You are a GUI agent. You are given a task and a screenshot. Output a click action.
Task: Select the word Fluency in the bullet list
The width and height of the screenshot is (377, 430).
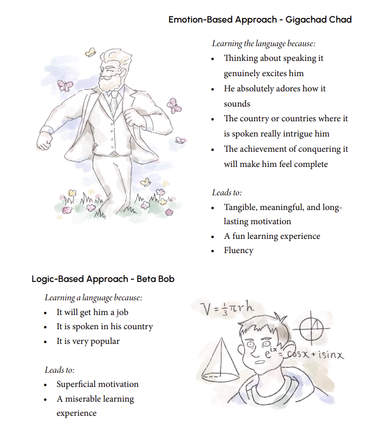click(238, 250)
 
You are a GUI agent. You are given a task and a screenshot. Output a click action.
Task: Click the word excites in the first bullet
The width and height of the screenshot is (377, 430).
click(277, 74)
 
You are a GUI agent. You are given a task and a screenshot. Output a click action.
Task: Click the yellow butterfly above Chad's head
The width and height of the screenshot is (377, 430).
click(90, 51)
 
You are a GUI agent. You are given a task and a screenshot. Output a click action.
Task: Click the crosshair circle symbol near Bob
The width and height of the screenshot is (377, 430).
click(311, 329)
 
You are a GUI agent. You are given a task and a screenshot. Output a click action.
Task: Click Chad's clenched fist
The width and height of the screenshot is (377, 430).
click(47, 141)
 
